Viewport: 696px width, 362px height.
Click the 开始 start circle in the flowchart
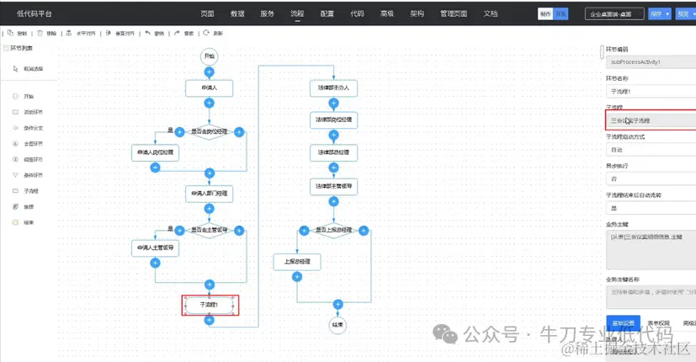click(x=209, y=56)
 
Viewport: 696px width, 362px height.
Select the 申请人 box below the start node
click(x=209, y=88)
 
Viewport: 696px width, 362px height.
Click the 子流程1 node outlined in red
click(x=210, y=305)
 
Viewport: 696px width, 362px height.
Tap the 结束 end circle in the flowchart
click(x=337, y=324)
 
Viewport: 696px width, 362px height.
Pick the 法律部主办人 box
click(x=333, y=88)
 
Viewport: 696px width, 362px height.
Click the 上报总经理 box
click(x=297, y=262)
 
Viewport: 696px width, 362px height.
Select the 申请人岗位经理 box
click(x=155, y=153)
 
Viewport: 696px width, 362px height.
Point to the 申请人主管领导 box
click(x=155, y=248)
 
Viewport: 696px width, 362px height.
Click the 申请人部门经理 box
click(x=209, y=193)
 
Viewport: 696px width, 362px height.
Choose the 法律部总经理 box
click(x=333, y=152)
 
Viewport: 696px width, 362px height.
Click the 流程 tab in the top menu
click(x=297, y=14)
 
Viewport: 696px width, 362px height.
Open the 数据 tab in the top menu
click(x=237, y=14)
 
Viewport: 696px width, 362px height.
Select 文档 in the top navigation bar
click(x=491, y=14)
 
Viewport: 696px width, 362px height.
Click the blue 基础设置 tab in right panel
click(x=622, y=322)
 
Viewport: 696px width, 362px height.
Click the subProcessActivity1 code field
click(x=650, y=62)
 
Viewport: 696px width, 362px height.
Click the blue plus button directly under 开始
click(x=209, y=72)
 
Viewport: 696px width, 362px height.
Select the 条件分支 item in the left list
click(x=35, y=127)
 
